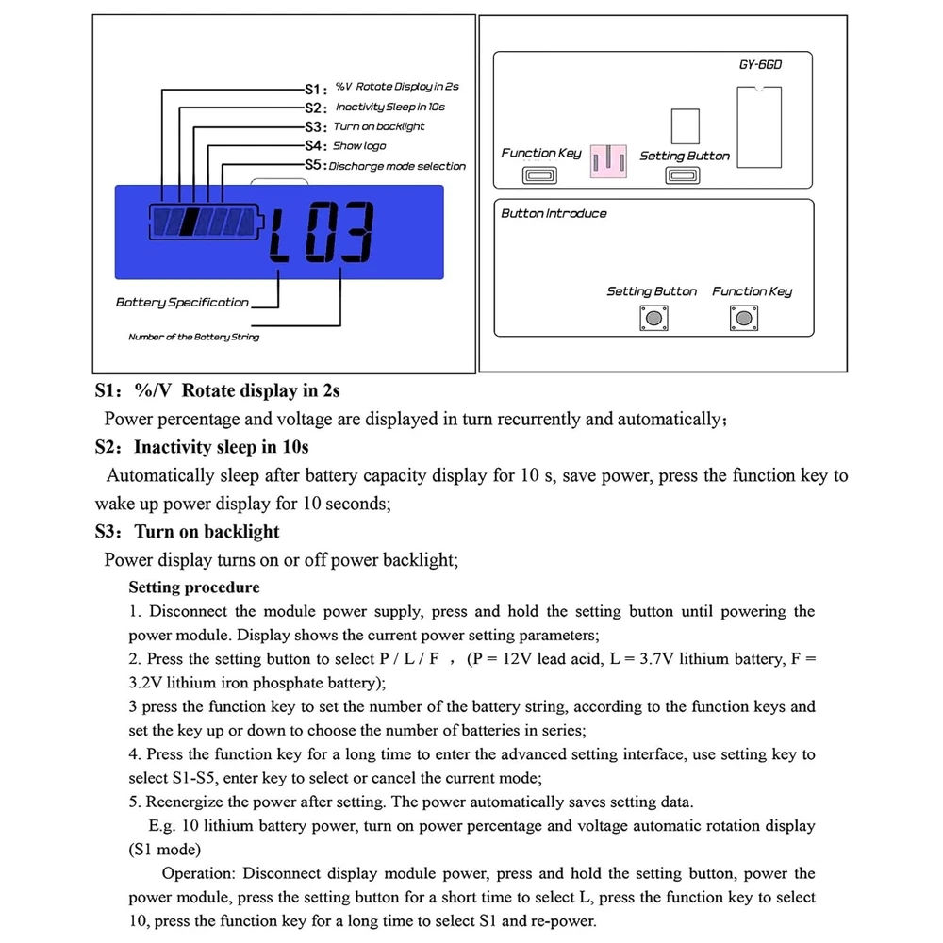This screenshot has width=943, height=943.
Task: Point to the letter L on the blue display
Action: pyautogui.click(x=281, y=234)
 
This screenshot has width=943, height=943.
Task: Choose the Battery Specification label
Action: pyautogui.click(x=182, y=303)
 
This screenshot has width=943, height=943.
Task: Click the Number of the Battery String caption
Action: pyautogui.click(x=193, y=337)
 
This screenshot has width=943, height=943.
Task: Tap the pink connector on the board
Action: pyautogui.click(x=608, y=159)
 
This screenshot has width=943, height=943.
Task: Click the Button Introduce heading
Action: pyautogui.click(x=554, y=214)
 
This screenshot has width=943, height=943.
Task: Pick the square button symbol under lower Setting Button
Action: pyautogui.click(x=652, y=318)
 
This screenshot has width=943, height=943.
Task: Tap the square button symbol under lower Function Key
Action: pyautogui.click(x=738, y=318)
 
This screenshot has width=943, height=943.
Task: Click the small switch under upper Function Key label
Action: pyautogui.click(x=541, y=175)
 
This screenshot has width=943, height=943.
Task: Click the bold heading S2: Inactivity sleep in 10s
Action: pyautogui.click(x=202, y=447)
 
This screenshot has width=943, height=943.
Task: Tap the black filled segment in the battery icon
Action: pyautogui.click(x=189, y=223)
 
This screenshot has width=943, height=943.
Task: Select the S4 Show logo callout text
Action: pyautogui.click(x=345, y=146)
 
